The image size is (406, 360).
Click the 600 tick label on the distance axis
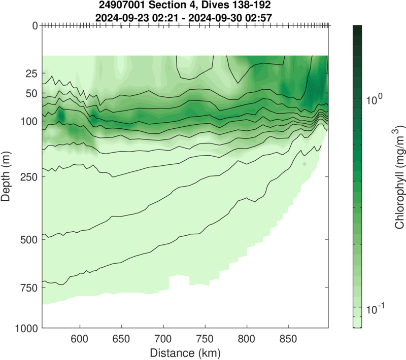tap(80, 338)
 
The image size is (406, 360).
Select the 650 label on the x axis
tap(121, 338)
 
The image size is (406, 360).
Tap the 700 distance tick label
tap(163, 338)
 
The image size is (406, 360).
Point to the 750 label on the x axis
tap(205, 338)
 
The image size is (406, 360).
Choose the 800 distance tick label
tap(247, 338)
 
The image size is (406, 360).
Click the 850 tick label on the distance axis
tap(288, 338)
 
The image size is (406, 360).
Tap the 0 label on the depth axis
tap(35, 25)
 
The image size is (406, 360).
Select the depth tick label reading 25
tap(31, 74)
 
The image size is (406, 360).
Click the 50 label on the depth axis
tap(31, 93)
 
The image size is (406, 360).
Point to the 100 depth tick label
tap(28, 121)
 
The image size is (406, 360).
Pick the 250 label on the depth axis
tap(28, 177)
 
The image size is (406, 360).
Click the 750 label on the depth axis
tap(28, 288)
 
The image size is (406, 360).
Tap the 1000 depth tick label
tap(25, 329)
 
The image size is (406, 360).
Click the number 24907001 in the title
tap(124, 6)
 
